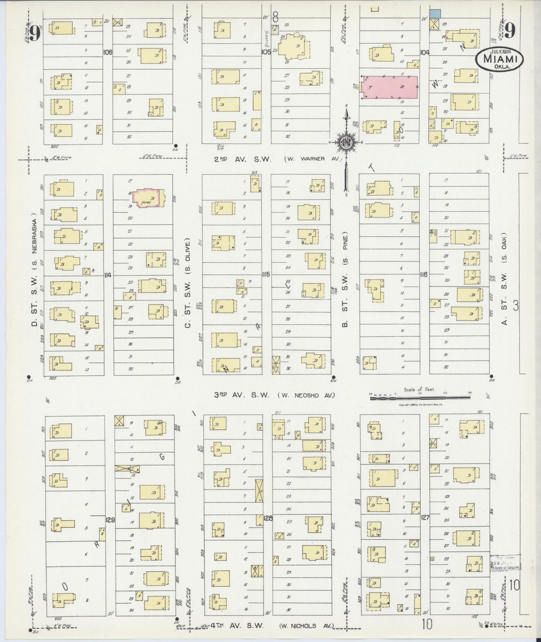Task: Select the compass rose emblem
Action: (346, 142)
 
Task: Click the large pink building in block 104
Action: (389, 87)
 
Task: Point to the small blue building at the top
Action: (435, 13)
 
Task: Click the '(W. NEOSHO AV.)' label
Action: (306, 395)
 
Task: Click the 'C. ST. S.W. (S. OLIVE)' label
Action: (188, 281)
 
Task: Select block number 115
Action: (266, 275)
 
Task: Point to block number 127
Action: (425, 517)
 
